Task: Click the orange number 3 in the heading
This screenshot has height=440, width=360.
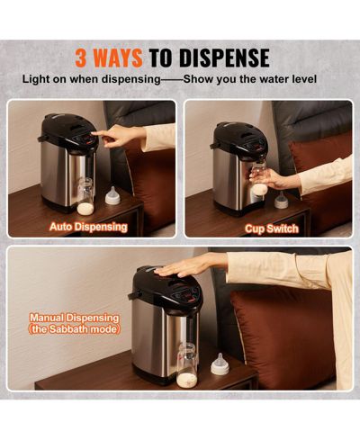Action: pyautogui.click(x=81, y=58)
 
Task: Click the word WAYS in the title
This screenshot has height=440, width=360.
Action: pyautogui.click(x=117, y=58)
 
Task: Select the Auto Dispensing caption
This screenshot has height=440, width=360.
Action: pyautogui.click(x=88, y=227)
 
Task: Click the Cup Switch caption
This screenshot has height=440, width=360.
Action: pyautogui.click(x=272, y=229)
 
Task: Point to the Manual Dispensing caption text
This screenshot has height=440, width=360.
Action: pyautogui.click(x=74, y=318)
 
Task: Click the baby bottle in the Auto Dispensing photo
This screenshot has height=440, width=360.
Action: pyautogui.click(x=85, y=196)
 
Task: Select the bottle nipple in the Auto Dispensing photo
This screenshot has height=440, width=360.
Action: pyautogui.click(x=112, y=195)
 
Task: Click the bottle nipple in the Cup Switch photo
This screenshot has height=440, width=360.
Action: pyautogui.click(x=281, y=200)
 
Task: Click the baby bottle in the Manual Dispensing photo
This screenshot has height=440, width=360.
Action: pyautogui.click(x=187, y=365)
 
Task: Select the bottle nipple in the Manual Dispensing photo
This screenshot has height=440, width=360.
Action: pyautogui.click(x=220, y=364)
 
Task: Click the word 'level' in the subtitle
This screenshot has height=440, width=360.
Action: pyautogui.click(x=304, y=79)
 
